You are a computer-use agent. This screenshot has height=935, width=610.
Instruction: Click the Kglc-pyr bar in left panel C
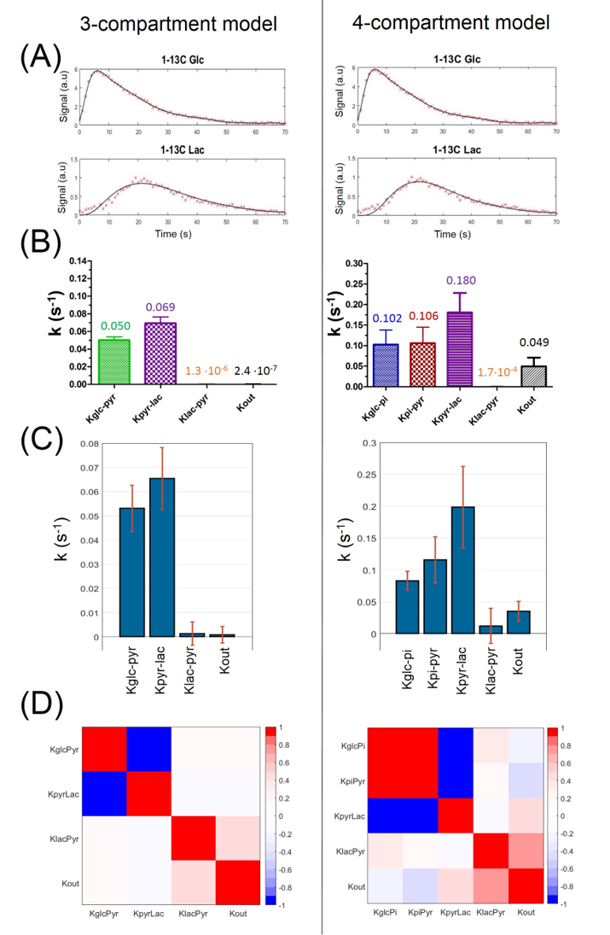pyautogui.click(x=131, y=572)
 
